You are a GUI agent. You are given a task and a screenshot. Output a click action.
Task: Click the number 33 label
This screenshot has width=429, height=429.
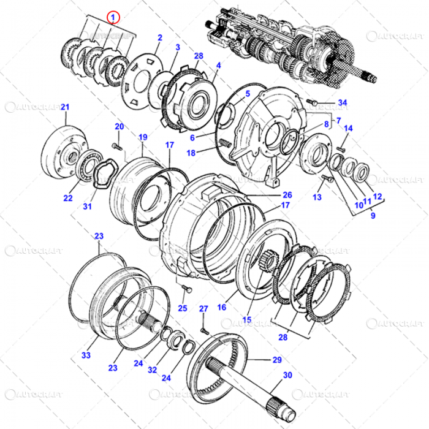[x=86, y=355]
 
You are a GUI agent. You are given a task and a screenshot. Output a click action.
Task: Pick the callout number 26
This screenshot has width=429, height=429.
[x=287, y=195]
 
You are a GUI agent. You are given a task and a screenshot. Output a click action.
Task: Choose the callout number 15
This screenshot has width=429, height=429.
[x=247, y=319]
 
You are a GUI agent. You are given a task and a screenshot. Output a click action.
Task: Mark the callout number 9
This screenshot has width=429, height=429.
[x=373, y=216]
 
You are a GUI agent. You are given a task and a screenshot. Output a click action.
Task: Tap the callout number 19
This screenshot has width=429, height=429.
[x=143, y=137]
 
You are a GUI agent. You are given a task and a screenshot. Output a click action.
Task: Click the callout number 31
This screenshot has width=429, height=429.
[x=87, y=207]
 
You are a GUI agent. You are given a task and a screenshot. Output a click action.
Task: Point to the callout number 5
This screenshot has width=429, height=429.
[x=248, y=94]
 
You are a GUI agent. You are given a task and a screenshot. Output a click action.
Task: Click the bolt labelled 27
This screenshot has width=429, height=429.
[x=205, y=330]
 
